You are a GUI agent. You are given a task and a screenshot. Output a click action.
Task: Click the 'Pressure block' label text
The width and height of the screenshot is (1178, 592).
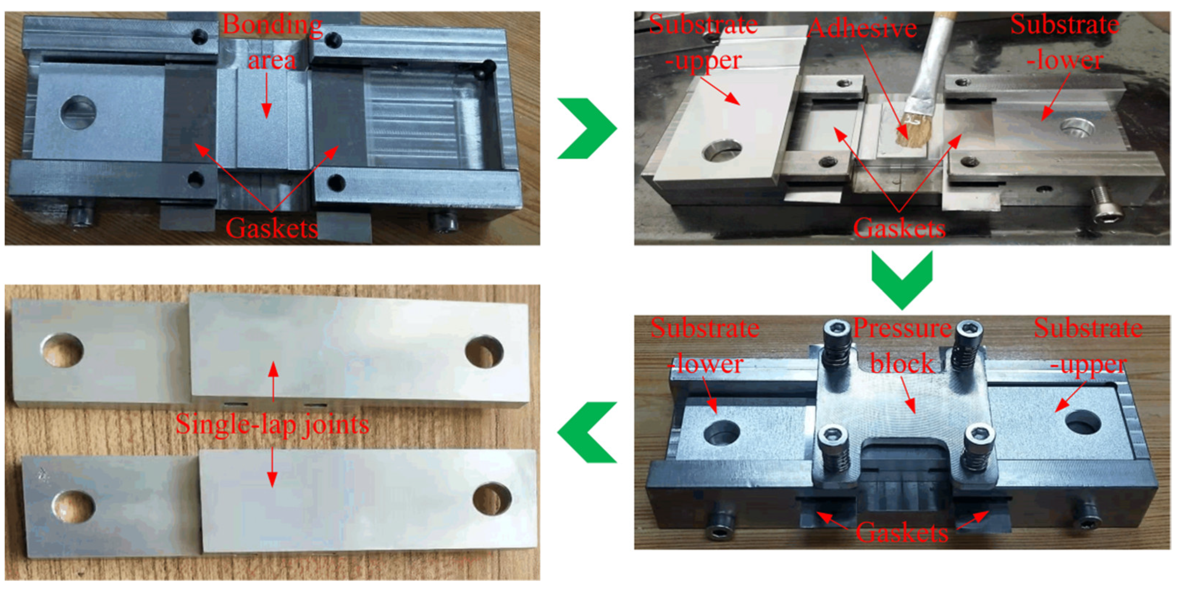pos(902,345)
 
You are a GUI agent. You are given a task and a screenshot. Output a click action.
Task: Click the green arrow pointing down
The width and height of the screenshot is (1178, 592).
pos(902,278)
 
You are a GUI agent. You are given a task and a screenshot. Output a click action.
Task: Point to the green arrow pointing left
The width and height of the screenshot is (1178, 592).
pos(587,432)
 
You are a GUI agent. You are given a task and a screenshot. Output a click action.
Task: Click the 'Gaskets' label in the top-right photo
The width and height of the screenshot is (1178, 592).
pos(899,227)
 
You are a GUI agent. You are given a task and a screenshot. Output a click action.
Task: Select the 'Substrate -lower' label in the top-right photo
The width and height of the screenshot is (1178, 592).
pos(1065,42)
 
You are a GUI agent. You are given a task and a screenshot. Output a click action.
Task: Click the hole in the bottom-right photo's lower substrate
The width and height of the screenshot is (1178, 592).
pos(721,432)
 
